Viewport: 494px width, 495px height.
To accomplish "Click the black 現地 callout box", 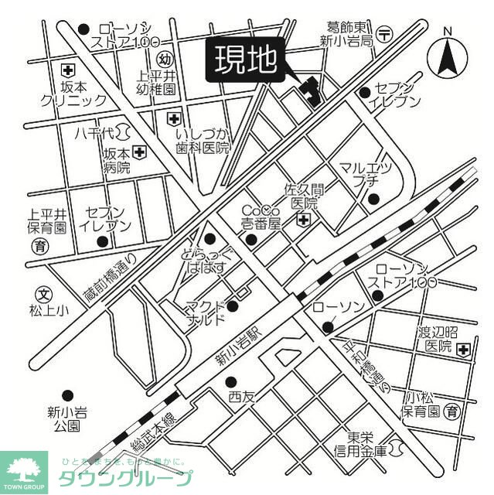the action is click(x=246, y=60).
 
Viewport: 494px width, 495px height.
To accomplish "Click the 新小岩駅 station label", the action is click(x=239, y=345).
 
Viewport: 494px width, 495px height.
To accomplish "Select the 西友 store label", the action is click(x=240, y=396).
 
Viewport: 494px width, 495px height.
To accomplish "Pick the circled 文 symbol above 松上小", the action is click(x=43, y=294).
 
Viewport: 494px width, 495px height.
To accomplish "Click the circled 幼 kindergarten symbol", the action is click(x=165, y=59).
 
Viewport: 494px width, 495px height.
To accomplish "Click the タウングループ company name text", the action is click(x=127, y=478).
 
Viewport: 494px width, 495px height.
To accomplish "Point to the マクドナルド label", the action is click(x=206, y=312).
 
